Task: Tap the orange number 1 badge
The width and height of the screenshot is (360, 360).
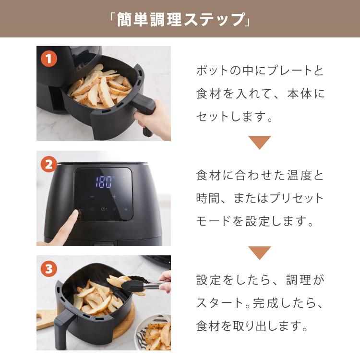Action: [x=48, y=59]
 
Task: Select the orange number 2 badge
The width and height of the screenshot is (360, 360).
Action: [x=48, y=165]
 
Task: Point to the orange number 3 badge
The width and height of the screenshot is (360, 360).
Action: [x=48, y=269]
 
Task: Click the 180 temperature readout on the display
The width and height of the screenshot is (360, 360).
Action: [x=104, y=182]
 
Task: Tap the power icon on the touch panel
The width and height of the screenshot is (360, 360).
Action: [x=103, y=209]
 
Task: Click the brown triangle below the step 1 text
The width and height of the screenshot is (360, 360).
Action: [x=259, y=143]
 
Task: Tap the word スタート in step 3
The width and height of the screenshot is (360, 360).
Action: [x=219, y=303]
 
